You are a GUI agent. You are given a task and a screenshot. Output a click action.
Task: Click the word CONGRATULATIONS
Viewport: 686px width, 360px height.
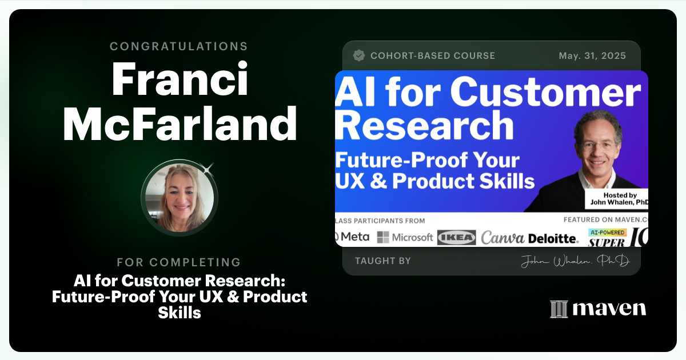tap(179, 46)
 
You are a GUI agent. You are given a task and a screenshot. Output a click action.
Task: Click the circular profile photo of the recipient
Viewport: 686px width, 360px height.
tap(180, 197)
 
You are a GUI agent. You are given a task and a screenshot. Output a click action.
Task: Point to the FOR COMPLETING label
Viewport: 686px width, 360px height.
tap(179, 262)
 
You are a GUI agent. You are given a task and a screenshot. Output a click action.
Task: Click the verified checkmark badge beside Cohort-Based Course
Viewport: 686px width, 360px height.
tap(359, 55)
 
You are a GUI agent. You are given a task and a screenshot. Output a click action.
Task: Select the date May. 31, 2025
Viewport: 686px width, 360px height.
tap(592, 56)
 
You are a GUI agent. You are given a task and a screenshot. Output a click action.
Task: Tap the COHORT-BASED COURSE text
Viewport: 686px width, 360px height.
tap(433, 56)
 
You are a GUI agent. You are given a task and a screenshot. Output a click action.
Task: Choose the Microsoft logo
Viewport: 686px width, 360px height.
tap(405, 237)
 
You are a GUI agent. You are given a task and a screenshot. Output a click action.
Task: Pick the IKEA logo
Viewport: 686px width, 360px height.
tap(456, 238)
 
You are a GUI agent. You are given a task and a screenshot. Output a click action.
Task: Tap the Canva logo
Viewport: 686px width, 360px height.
tap(502, 237)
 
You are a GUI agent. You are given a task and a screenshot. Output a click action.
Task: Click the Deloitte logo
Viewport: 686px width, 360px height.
tap(553, 238)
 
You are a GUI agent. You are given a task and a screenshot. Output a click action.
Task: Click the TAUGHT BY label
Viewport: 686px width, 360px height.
tap(383, 261)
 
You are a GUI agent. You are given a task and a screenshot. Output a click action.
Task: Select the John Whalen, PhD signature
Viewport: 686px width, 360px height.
tap(575, 262)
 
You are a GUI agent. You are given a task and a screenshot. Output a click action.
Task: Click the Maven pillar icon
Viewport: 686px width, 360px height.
tap(559, 309)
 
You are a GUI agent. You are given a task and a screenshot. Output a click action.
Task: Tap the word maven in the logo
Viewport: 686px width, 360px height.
tap(609, 309)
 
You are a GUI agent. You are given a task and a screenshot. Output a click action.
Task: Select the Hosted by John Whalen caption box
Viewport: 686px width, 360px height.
tap(624, 199)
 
